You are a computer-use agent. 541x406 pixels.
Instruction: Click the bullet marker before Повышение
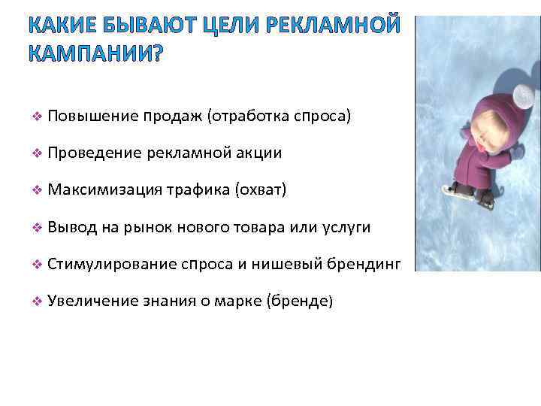36,117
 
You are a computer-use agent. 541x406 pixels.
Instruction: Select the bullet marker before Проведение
36,153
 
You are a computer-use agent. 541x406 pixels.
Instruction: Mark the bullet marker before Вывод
36,227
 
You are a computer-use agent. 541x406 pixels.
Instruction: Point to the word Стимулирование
112,264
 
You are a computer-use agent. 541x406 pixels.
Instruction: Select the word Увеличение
92,301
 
